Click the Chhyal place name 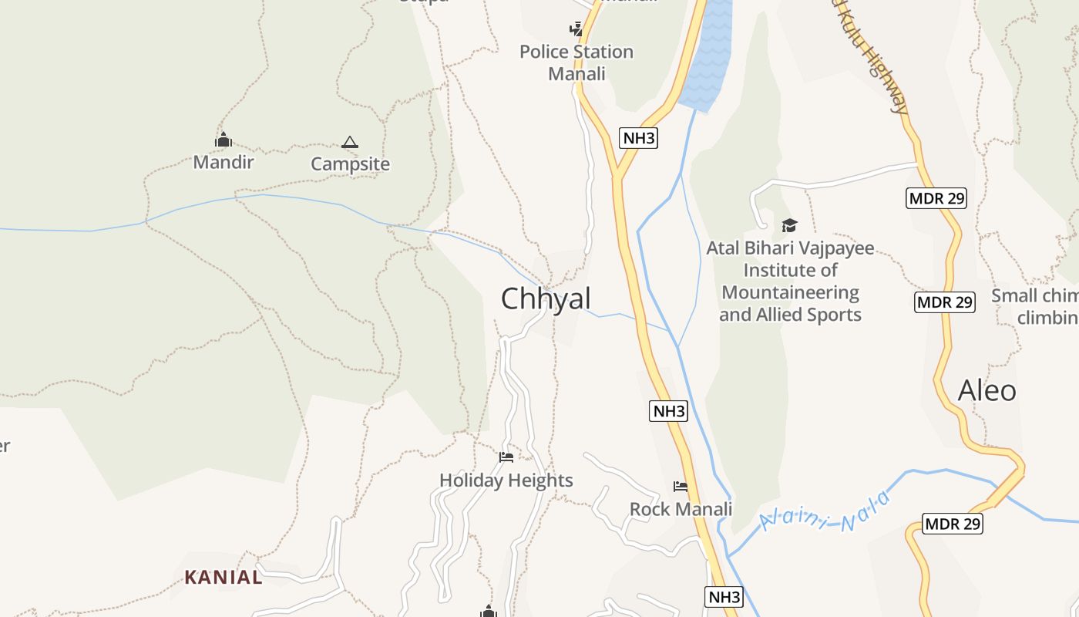click(x=546, y=298)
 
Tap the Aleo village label click(x=987, y=390)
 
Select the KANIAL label click(x=224, y=577)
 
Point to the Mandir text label click(x=223, y=162)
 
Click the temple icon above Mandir click(x=224, y=140)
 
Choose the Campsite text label click(x=350, y=164)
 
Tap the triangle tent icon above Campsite click(x=350, y=142)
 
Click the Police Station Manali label click(x=576, y=62)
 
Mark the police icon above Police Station click(x=576, y=29)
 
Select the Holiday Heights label click(x=506, y=480)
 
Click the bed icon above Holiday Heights click(x=506, y=457)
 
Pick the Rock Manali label click(x=681, y=509)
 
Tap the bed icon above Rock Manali click(x=681, y=487)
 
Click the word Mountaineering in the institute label click(x=790, y=292)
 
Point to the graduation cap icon click(x=789, y=225)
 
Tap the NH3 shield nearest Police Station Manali click(x=638, y=138)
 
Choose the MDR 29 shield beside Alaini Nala click(x=953, y=524)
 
